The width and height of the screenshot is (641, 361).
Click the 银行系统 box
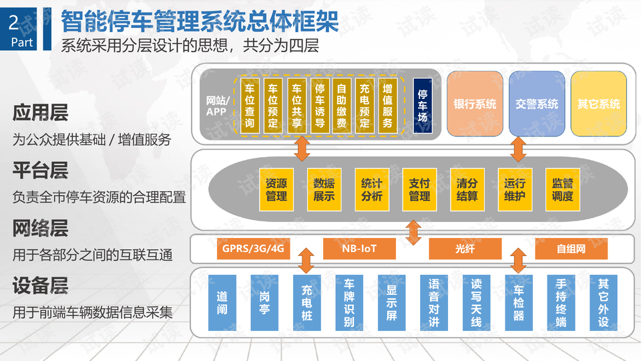[x=475, y=104]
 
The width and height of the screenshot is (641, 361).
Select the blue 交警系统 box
[x=537, y=104]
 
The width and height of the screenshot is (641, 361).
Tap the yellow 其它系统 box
[x=598, y=104]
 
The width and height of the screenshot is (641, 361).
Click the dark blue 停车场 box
[x=422, y=105]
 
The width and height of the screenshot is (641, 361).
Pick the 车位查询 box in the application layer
[x=249, y=106]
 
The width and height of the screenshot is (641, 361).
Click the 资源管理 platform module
[x=276, y=189]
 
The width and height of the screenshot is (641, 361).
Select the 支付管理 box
[x=419, y=189]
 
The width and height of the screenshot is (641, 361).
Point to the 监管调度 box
[x=562, y=189]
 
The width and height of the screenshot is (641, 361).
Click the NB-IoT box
[x=359, y=249]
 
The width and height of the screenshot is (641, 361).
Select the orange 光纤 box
[x=465, y=249]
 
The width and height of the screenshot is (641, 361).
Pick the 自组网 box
[x=571, y=249]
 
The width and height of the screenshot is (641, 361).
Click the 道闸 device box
[x=222, y=303]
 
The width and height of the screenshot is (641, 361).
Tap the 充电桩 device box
[x=306, y=303]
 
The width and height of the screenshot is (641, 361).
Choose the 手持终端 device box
[x=561, y=303]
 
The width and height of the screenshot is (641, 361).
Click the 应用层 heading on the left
[x=40, y=112]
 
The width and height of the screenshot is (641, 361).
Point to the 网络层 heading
[x=40, y=229]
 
